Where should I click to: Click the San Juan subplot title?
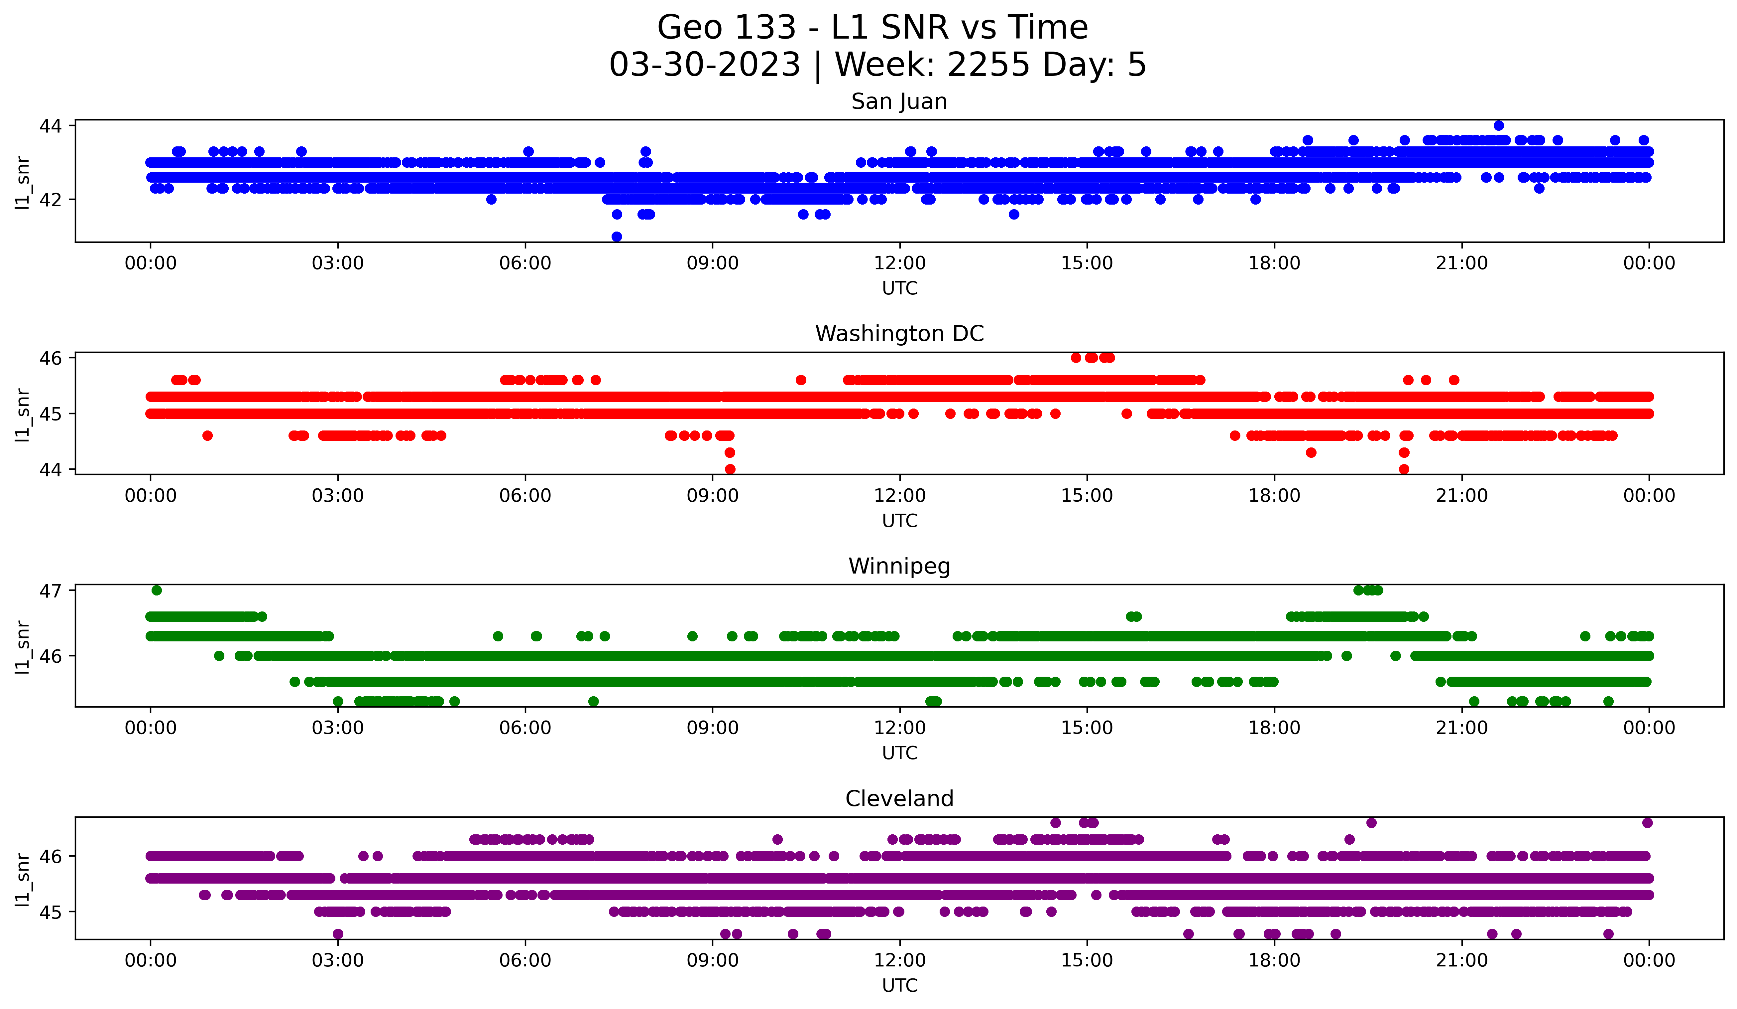point(899,101)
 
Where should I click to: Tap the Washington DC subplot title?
point(899,334)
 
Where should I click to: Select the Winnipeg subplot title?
point(899,566)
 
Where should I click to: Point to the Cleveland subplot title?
point(899,799)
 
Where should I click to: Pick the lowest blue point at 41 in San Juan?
point(617,237)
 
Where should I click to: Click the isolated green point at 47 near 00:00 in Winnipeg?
point(157,590)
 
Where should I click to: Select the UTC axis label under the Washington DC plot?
point(899,521)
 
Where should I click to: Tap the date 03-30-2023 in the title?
point(704,65)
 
